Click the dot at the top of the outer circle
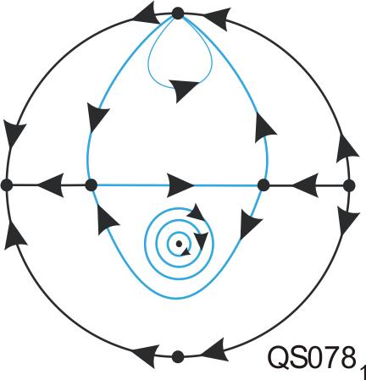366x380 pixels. [178, 14]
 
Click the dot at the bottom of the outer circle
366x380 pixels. [178, 356]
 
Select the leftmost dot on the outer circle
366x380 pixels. [7, 185]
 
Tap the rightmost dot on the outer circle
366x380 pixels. [349, 185]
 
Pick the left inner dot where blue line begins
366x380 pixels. [91, 185]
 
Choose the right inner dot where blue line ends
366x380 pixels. [263, 185]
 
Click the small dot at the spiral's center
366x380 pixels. [179, 244]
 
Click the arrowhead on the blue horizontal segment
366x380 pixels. [180, 185]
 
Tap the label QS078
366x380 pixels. [312, 357]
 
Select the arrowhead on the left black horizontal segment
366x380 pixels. [51, 185]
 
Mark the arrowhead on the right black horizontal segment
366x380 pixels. [305, 185]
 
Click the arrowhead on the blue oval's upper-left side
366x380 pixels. [97, 117]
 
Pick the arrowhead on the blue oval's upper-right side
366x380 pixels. [264, 128]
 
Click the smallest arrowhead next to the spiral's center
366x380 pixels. [186, 251]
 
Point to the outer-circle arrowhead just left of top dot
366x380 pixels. [147, 15]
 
